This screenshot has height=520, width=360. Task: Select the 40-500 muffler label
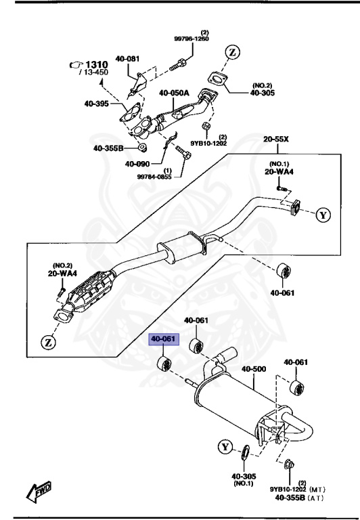pos(254,370)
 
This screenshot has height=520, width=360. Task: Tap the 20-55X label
pos(276,140)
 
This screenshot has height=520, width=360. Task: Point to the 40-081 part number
pos(127,59)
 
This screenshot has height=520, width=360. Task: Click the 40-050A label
pos(175,93)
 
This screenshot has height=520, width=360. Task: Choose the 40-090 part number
pos(138,163)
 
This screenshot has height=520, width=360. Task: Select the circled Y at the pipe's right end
pos(324,215)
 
